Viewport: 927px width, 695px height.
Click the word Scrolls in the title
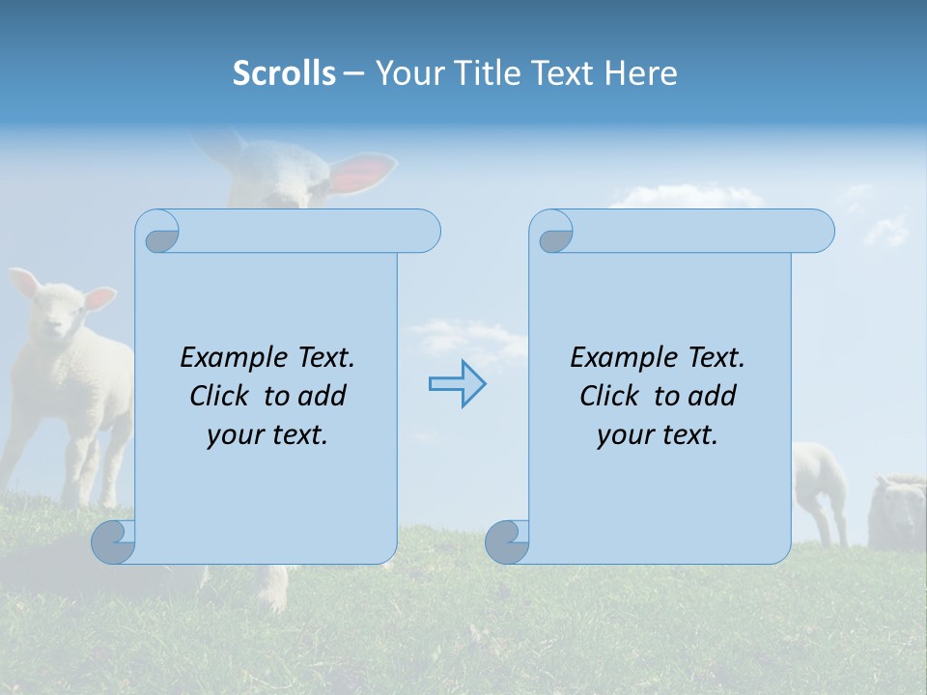284,73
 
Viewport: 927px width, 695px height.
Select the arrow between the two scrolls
457,384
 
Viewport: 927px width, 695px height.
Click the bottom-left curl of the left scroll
113,542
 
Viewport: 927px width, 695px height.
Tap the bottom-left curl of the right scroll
507,542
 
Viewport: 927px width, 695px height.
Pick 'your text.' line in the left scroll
267,434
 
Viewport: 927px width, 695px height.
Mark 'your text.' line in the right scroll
658,434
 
